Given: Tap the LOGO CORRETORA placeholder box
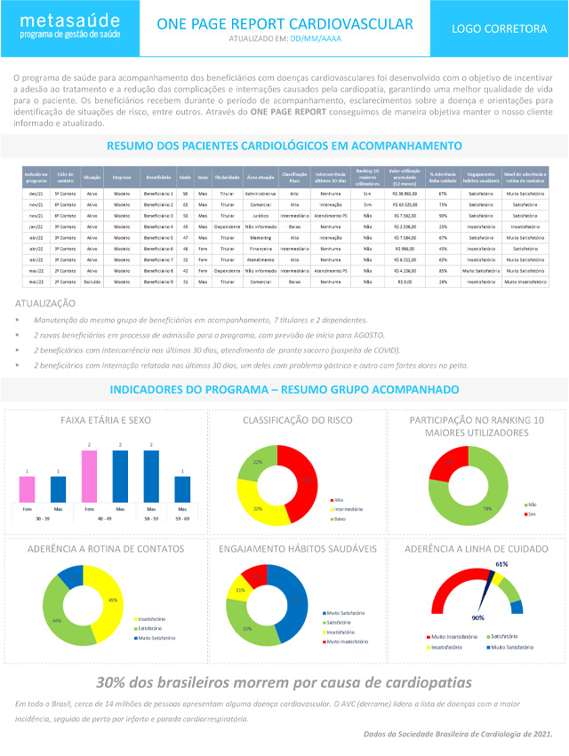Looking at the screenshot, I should pos(499,28).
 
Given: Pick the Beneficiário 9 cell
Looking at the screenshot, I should pos(158,282).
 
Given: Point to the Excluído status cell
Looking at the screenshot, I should pos(92,282).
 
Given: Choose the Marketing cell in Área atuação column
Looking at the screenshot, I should pos(259,237).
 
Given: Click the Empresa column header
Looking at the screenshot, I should pos(123,178).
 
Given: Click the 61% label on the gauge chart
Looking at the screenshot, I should pos(501,564).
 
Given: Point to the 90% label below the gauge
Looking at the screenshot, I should pos(477,617).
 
